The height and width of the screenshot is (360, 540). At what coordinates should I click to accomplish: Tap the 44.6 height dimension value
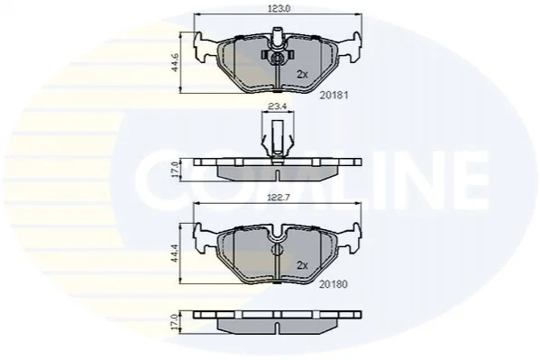175,62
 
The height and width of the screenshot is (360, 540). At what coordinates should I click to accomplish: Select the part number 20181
334,95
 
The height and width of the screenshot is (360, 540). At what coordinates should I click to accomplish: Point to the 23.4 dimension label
278,106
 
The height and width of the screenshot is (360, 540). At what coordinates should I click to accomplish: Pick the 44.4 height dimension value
175,253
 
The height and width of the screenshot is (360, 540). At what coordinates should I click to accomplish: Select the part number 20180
334,284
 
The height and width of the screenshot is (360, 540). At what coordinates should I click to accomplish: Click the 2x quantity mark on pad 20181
302,74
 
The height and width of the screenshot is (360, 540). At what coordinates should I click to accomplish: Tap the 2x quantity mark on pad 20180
302,265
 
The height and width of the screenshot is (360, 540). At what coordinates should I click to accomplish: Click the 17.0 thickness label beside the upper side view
175,170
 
